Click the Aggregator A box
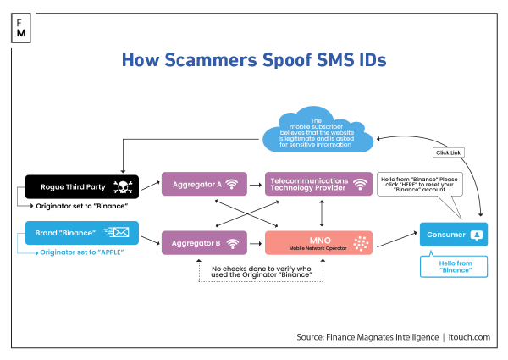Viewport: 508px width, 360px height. click(203, 183)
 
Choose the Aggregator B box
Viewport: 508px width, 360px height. click(203, 241)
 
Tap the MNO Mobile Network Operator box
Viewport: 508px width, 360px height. click(319, 241)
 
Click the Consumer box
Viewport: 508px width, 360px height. click(453, 235)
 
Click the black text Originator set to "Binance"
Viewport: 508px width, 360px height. click(82, 207)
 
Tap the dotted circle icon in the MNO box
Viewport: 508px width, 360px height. click(362, 242)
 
